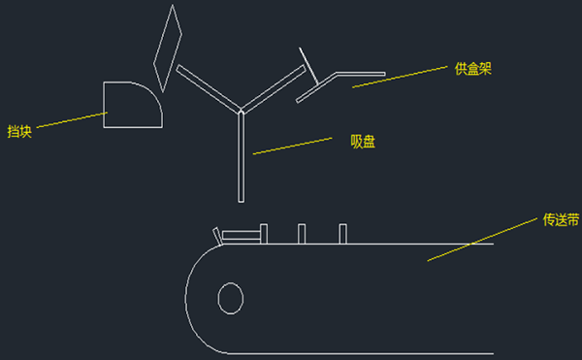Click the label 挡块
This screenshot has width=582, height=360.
click(x=19, y=132)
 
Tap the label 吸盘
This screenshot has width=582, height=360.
click(x=363, y=142)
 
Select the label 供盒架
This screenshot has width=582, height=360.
click(x=473, y=69)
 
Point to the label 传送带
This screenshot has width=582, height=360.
click(x=561, y=219)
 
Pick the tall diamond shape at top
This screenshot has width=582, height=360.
click(x=180, y=34)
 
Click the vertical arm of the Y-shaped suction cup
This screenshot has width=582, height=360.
click(x=241, y=157)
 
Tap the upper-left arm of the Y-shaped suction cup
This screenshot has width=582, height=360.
click(x=209, y=88)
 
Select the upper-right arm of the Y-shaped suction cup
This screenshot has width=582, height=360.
click(x=274, y=88)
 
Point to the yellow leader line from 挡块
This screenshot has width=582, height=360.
click(x=72, y=119)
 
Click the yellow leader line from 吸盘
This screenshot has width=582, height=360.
click(x=293, y=146)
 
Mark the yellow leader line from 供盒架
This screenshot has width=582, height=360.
click(x=400, y=77)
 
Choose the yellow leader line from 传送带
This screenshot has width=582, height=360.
click(x=482, y=240)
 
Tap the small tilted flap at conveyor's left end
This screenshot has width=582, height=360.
click(x=218, y=237)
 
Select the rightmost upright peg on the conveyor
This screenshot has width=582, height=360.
click(x=343, y=234)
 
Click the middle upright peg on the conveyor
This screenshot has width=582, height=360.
click(x=302, y=234)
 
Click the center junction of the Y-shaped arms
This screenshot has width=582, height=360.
click(x=241, y=111)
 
